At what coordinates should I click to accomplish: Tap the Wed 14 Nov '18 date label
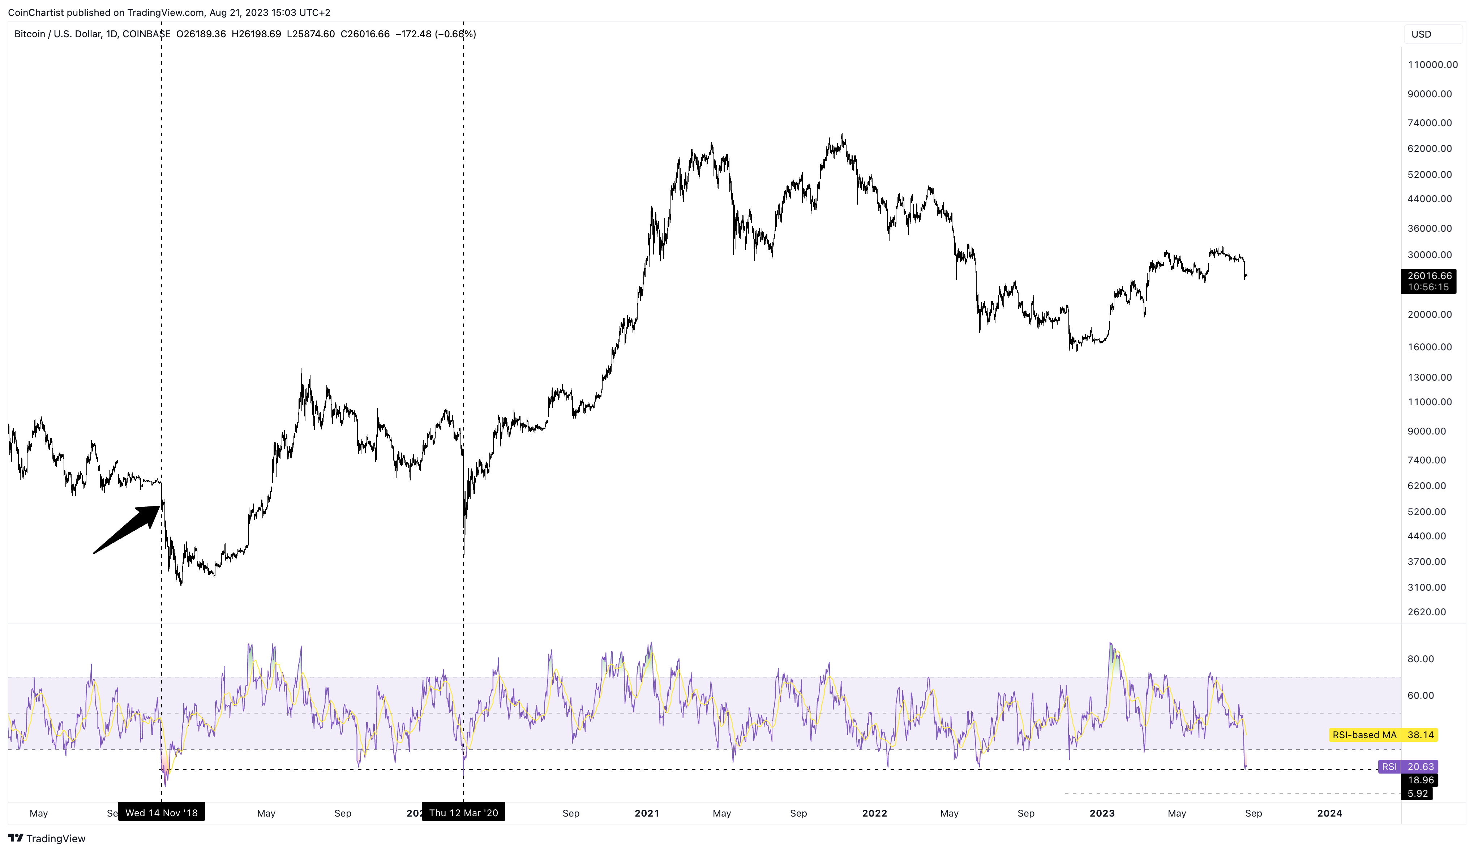162,813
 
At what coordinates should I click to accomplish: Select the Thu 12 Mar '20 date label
463,813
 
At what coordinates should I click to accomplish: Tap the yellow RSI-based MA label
1363,735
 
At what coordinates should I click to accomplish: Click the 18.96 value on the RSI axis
1420,780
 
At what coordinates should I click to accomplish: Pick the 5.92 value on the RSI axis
1417,793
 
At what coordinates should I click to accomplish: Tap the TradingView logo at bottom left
47,839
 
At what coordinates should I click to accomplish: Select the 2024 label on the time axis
1329,813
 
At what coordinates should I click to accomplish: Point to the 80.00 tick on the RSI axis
1420,659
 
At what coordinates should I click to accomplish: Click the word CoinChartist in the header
36,12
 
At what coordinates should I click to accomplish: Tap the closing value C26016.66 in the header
365,34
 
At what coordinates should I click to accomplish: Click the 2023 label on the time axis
1102,813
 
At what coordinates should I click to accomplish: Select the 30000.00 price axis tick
1429,255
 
